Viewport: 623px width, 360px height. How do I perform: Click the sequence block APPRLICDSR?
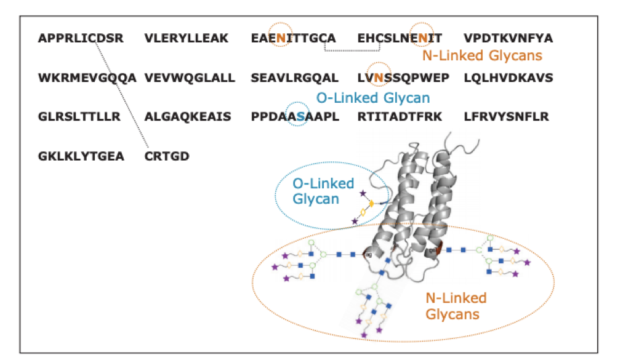[81, 39]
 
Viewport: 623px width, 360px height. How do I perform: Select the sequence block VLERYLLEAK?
[187, 39]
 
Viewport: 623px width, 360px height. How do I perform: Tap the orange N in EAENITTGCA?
[281, 39]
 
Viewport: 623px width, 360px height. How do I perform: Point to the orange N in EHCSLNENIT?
[423, 39]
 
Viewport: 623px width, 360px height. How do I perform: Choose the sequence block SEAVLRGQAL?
[295, 78]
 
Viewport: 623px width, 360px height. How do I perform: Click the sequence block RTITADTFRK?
[400, 117]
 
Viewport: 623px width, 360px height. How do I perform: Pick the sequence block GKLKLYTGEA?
[81, 156]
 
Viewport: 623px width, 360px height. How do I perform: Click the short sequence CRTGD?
[167, 156]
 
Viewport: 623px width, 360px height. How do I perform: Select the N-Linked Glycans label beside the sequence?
[482, 56]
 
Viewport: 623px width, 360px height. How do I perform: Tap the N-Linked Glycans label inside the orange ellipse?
[456, 306]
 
